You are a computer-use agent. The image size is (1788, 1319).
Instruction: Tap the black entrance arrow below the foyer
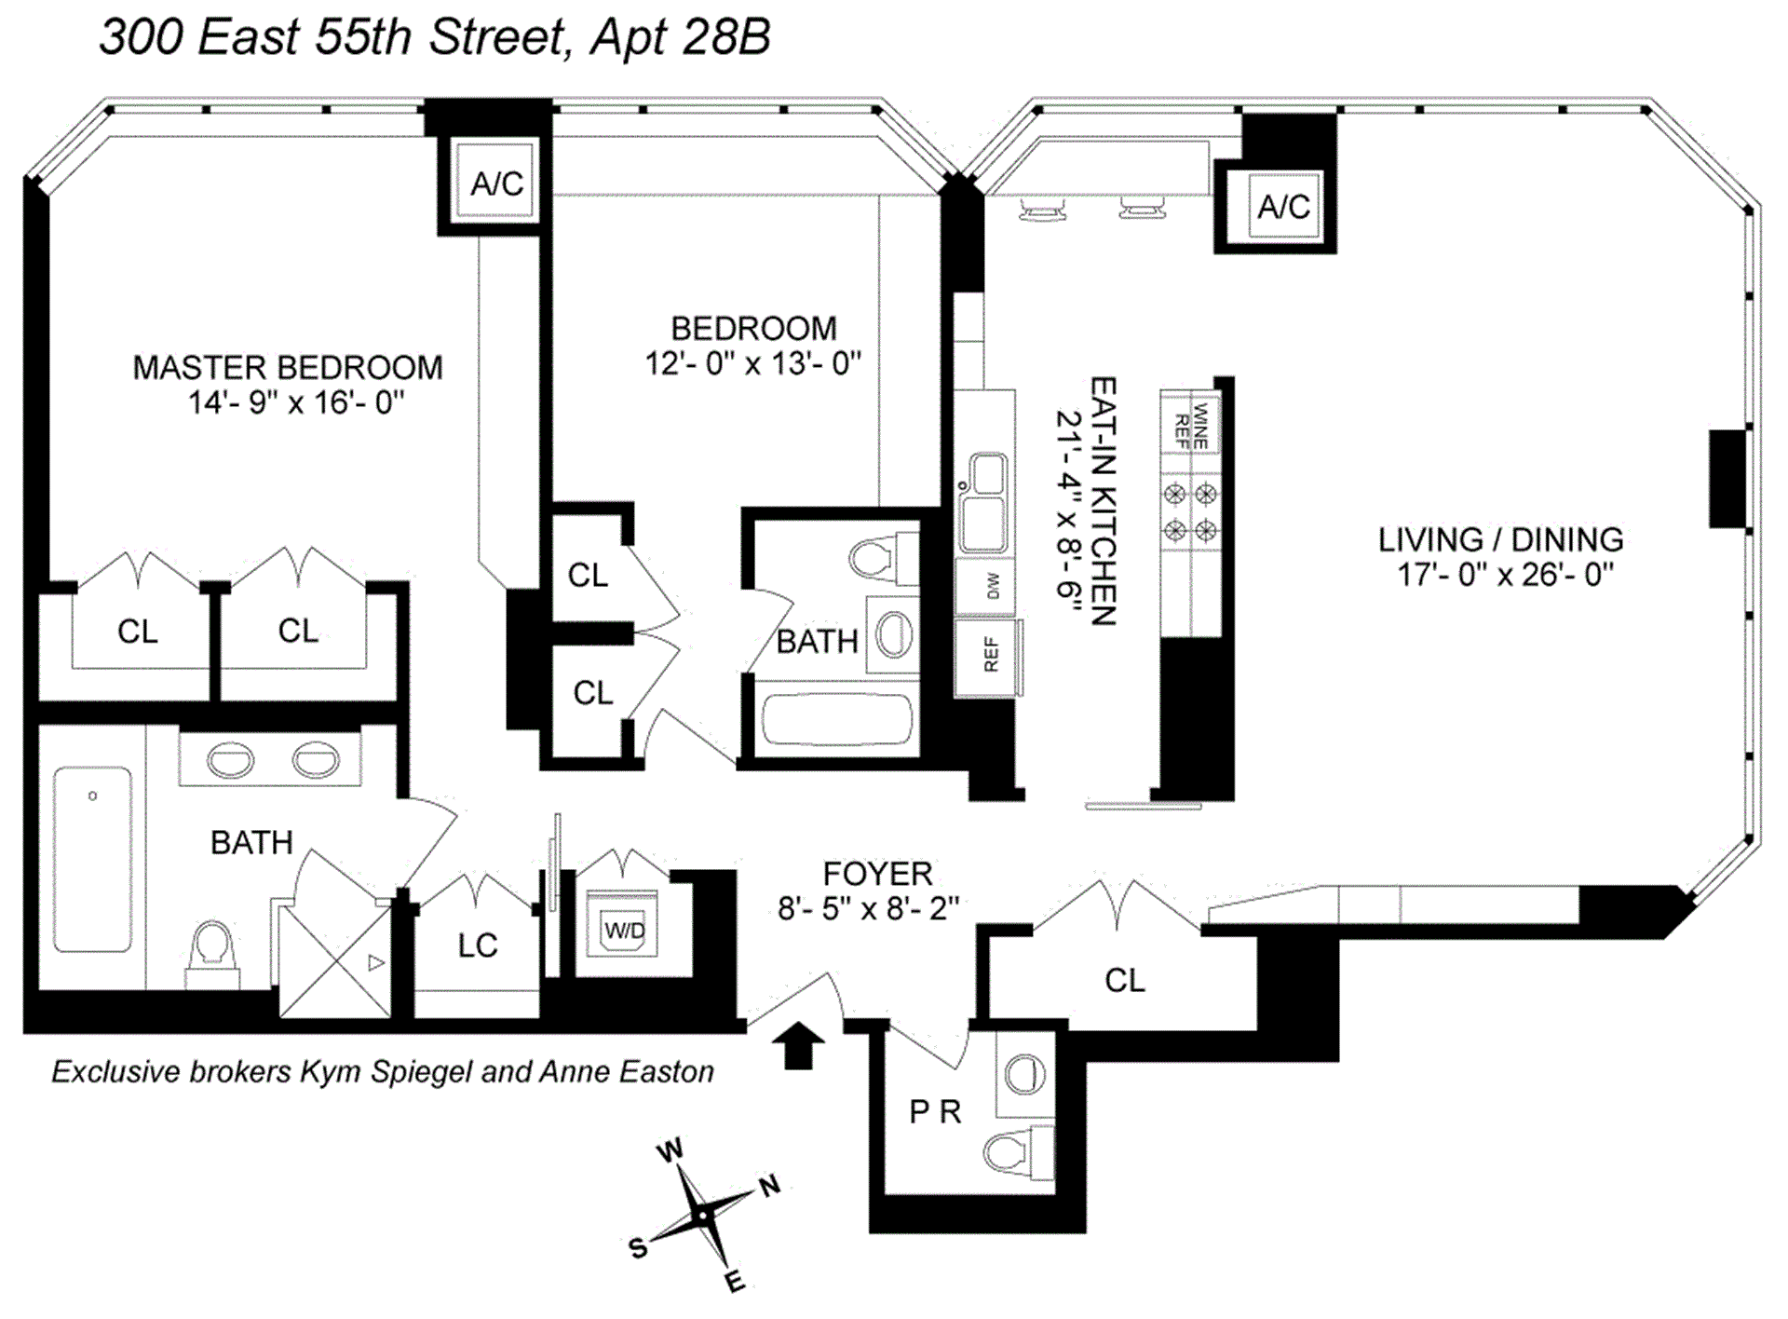pyautogui.click(x=798, y=1045)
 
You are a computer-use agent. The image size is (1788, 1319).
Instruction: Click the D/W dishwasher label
pyautogui.click(x=990, y=586)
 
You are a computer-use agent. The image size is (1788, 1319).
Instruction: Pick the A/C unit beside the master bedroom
pyautogui.click(x=495, y=183)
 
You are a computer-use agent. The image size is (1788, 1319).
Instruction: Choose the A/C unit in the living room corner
pyautogui.click(x=1282, y=206)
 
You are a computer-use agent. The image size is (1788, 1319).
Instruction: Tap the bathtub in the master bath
pyautogui.click(x=92, y=860)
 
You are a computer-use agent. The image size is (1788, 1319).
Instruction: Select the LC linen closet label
pyautogui.click(x=478, y=945)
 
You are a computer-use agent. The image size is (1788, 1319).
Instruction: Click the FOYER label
pyautogui.click(x=877, y=874)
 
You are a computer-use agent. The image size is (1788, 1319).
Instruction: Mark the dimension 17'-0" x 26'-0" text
pyautogui.click(x=1505, y=575)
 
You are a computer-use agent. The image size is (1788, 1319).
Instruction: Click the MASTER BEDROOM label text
pyautogui.click(x=288, y=368)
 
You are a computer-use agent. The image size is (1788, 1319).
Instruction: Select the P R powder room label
pyautogui.click(x=934, y=1111)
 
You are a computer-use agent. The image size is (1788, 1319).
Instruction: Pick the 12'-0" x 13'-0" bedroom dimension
pyautogui.click(x=753, y=363)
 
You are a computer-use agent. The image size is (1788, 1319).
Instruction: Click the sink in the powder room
pyautogui.click(x=1024, y=1074)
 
